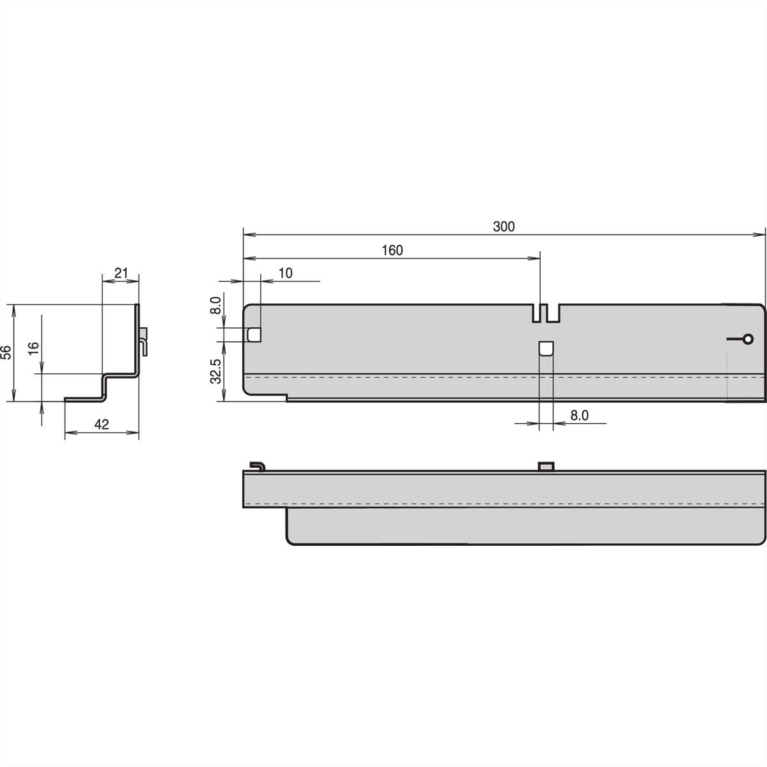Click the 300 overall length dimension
point(504,226)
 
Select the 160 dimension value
point(392,251)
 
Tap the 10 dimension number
point(285,274)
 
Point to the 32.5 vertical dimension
point(215,371)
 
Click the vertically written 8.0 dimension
point(215,304)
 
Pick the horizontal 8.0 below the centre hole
point(579,415)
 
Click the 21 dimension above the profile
point(121,274)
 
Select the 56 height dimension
point(6,353)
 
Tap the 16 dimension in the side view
point(34,348)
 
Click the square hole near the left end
point(254,334)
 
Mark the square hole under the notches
point(546,349)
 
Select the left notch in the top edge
point(536,313)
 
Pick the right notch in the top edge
point(555,313)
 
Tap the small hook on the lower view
point(257,465)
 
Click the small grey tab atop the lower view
point(546,466)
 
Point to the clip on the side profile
point(145,339)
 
